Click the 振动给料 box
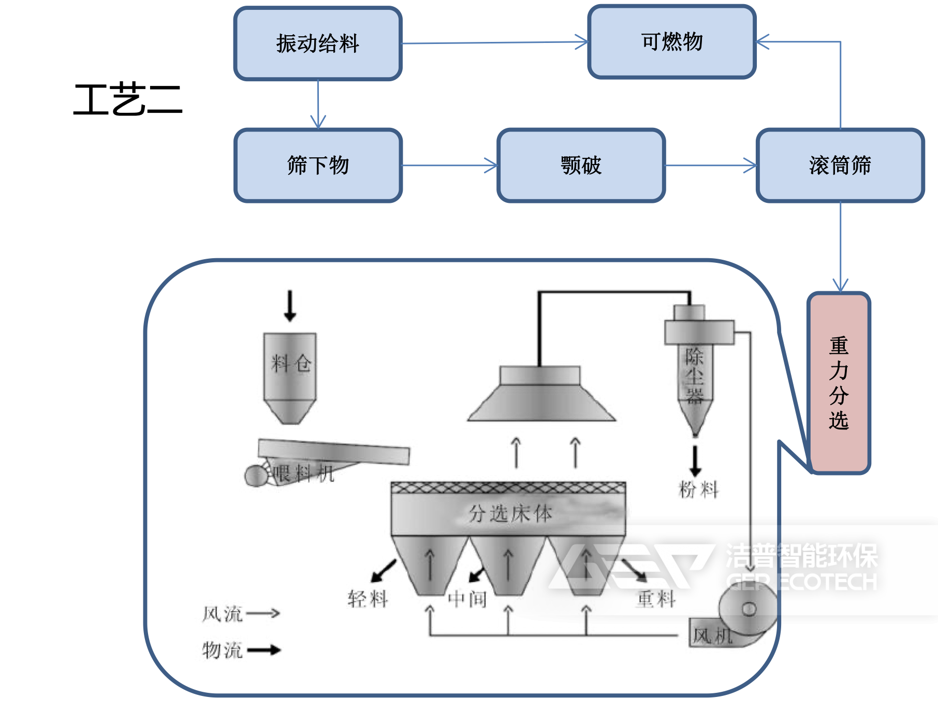[318, 43]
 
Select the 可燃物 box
[671, 42]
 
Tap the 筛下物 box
[318, 166]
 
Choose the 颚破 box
[581, 166]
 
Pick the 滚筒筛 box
[840, 166]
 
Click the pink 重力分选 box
[839, 383]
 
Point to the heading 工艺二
[128, 99]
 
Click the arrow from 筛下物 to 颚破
[449, 166]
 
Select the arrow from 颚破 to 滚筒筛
[710, 166]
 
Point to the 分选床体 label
[510, 514]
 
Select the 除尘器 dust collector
[695, 373]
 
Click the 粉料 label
[698, 489]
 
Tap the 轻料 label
[368, 599]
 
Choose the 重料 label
[656, 599]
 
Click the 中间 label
[467, 599]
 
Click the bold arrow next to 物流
[263, 650]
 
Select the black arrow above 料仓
[290, 306]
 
